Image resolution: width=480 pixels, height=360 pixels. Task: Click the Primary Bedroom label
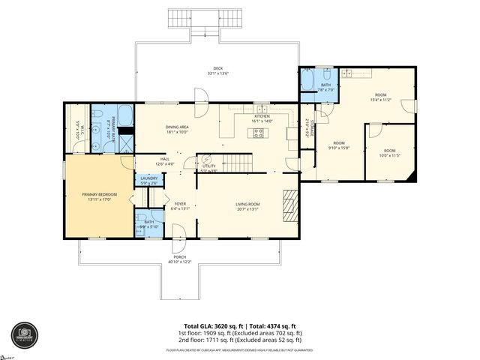point(100,196)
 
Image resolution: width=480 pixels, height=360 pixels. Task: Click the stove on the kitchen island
point(259,134)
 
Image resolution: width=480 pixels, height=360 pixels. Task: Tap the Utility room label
point(208,167)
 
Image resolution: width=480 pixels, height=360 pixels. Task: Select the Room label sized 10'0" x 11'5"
point(391,153)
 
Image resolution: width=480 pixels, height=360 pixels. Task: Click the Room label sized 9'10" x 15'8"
point(339,145)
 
